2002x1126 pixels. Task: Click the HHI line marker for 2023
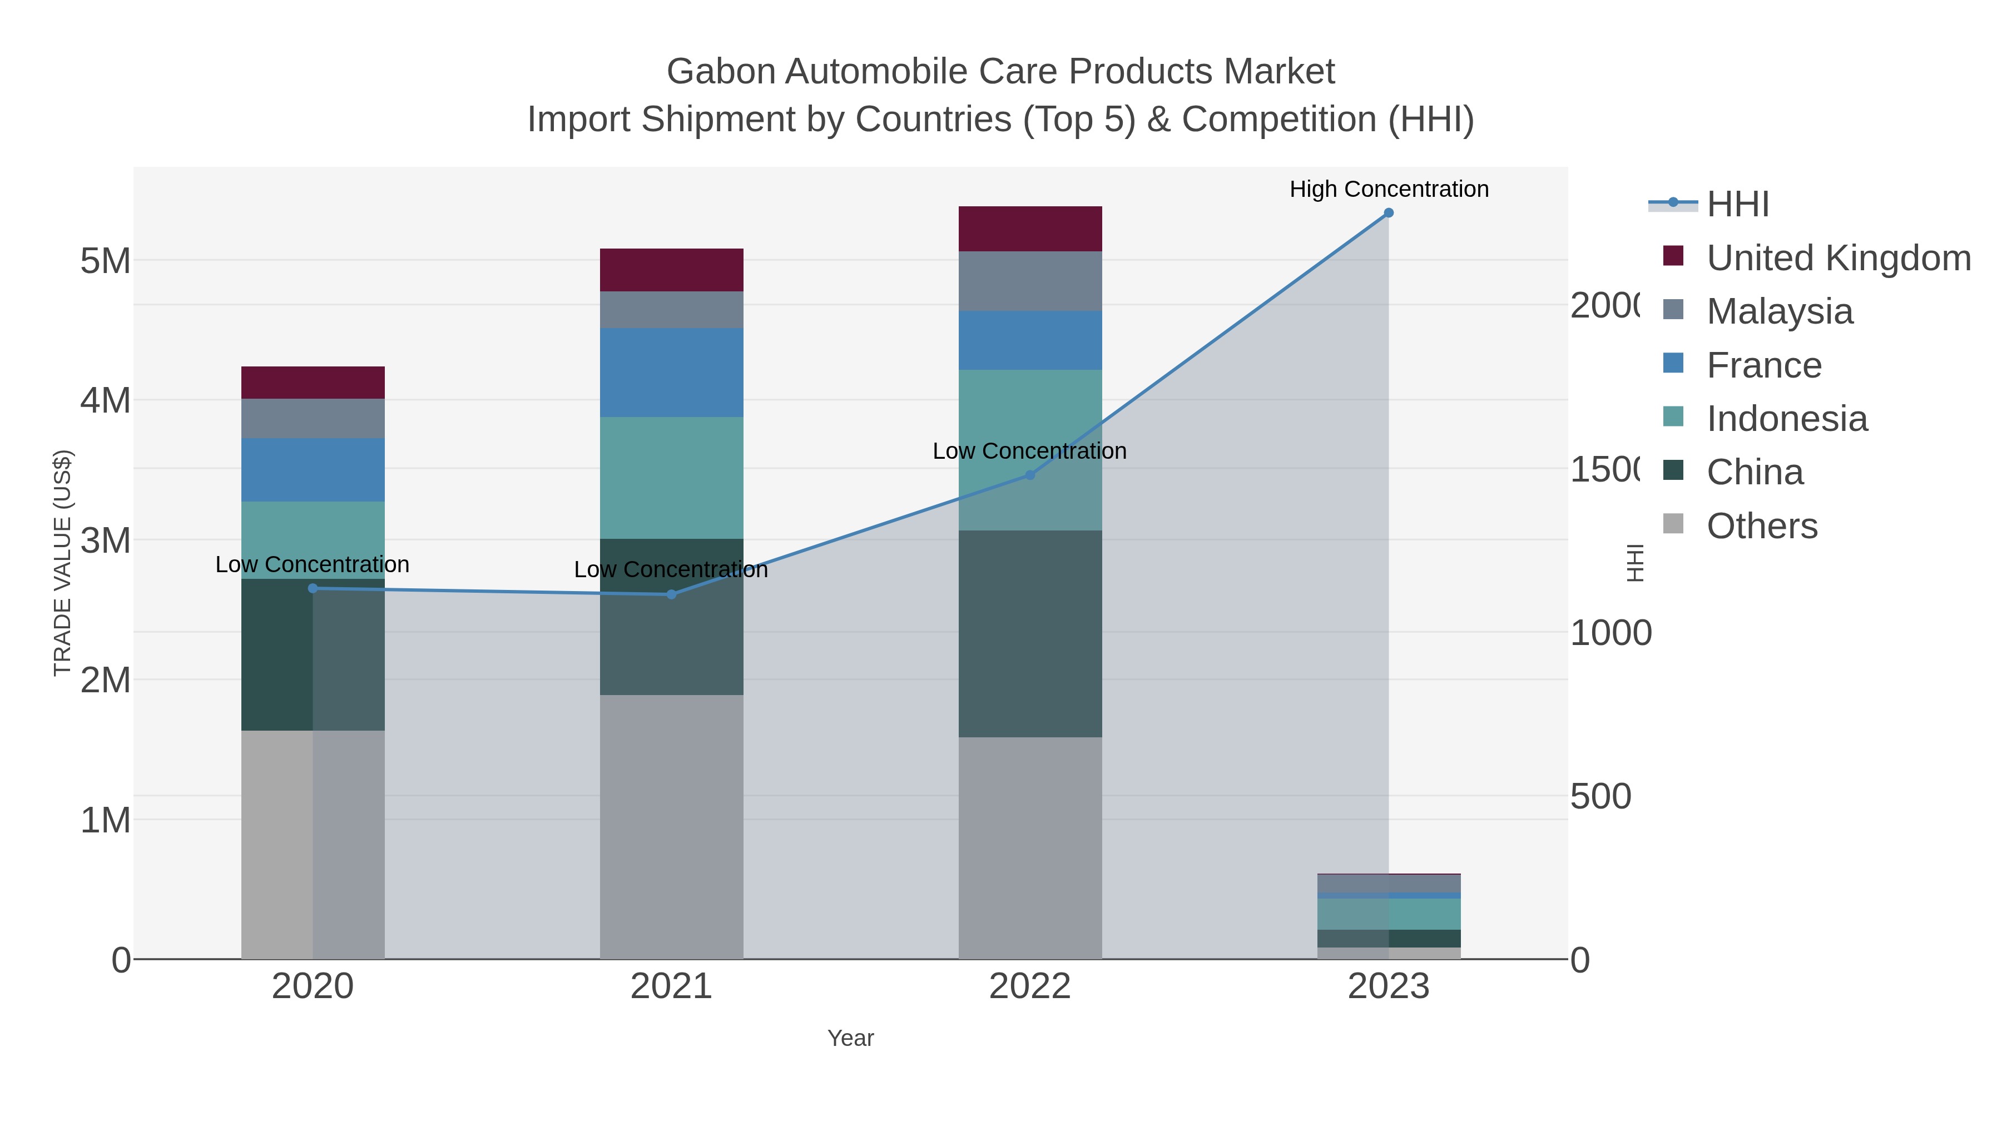(1388, 213)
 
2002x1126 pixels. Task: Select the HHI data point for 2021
(671, 594)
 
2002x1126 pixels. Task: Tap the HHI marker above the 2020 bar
(313, 588)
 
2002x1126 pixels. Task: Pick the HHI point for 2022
(1030, 475)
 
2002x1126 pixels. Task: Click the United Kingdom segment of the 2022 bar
(1030, 229)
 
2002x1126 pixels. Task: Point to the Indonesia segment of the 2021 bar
(671, 477)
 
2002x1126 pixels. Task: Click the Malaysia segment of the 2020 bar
(313, 418)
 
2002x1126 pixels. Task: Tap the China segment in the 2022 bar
(1030, 633)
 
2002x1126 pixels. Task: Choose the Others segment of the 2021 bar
(671, 826)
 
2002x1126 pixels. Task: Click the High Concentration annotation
(1389, 190)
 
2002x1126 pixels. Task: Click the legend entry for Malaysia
(1779, 311)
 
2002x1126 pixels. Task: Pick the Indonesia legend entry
(1786, 419)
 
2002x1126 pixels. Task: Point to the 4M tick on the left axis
(106, 401)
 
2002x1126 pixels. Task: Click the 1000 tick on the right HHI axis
(1610, 633)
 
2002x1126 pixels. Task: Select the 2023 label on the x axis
(1388, 987)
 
